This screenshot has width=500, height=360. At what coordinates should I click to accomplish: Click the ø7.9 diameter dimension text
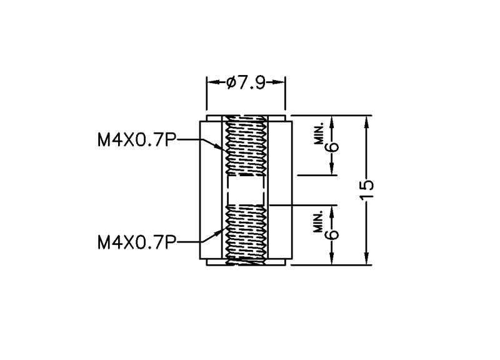(246, 83)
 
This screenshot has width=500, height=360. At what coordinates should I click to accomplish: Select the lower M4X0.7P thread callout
(137, 242)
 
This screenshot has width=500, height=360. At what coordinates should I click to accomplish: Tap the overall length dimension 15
(367, 190)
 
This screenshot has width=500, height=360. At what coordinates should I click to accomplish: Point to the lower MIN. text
(319, 221)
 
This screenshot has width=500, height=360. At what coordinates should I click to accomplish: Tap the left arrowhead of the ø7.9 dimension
(212, 82)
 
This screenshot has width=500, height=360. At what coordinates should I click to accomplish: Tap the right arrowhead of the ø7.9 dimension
(278, 82)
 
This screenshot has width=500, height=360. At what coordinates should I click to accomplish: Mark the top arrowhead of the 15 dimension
(366, 122)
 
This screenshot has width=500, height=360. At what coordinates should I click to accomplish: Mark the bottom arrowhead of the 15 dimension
(366, 258)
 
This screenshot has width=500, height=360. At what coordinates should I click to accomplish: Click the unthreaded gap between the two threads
(246, 190)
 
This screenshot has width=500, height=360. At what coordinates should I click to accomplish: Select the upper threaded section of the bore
(246, 146)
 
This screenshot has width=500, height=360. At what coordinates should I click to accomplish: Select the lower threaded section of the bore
(246, 235)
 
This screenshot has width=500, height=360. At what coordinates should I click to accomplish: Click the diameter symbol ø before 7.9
(231, 83)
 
